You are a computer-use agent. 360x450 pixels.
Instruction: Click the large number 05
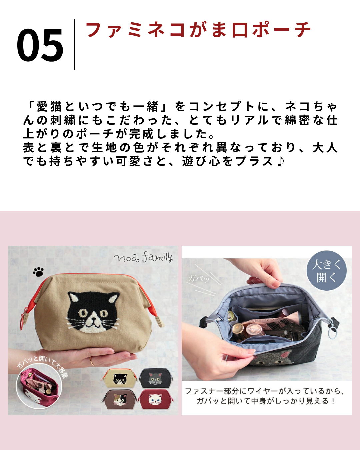pos(40,45)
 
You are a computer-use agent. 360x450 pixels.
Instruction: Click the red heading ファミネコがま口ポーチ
pos(199,30)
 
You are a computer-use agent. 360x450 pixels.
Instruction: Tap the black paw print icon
pos(38,272)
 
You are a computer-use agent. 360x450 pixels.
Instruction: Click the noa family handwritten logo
pos(144,258)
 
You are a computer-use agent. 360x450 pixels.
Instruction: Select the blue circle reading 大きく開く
pos(327,271)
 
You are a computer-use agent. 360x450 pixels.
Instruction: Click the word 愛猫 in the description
pos(49,107)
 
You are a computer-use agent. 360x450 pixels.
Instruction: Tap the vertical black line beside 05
pos(74,45)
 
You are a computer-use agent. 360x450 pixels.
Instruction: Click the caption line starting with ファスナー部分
pos(265,391)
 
